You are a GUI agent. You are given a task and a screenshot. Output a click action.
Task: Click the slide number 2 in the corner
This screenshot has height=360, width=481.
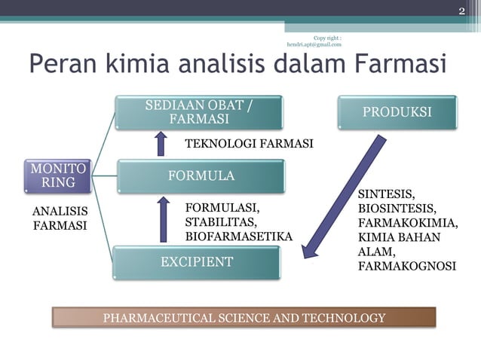pyautogui.click(x=462, y=10)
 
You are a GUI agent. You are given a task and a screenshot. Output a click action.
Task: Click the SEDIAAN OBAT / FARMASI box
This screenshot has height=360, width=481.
pyautogui.click(x=199, y=112)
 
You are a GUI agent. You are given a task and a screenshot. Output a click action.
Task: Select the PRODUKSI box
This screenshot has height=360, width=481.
pyautogui.click(x=397, y=112)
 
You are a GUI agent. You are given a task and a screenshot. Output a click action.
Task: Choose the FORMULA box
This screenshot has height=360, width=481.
pyautogui.click(x=199, y=176)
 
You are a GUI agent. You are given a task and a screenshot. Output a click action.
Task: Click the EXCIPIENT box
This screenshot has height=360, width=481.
pyautogui.click(x=196, y=262)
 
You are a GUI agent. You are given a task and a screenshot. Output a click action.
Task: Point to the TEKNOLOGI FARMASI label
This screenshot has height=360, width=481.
pyautogui.click(x=249, y=144)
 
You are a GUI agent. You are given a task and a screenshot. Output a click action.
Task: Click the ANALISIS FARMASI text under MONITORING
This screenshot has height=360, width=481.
pyautogui.click(x=59, y=218)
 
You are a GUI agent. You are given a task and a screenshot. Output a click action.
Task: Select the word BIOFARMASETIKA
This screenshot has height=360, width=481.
pyautogui.click(x=238, y=236)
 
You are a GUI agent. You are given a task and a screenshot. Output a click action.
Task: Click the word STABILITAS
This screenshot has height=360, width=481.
pyautogui.click(x=220, y=222)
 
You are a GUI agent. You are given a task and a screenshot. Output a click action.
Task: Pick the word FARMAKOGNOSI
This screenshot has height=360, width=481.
pyautogui.click(x=407, y=266)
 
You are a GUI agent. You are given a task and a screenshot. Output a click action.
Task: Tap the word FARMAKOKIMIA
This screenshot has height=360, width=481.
pyautogui.click(x=408, y=223)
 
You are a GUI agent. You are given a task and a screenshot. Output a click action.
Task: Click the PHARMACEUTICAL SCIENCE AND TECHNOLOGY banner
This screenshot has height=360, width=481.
pyautogui.click(x=244, y=318)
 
